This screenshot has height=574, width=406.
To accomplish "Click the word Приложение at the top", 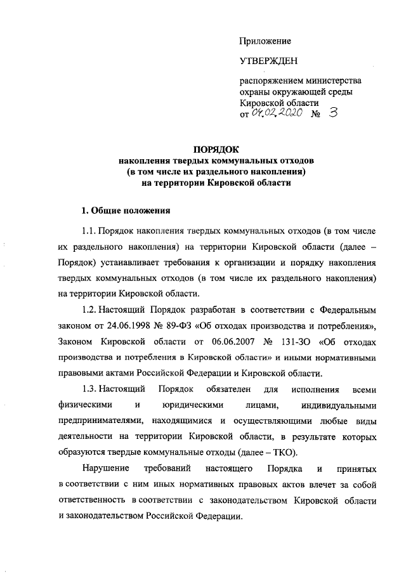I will point(265,41).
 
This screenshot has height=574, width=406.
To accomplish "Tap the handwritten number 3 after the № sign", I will point(334,112).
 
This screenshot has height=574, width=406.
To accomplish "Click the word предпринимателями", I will point(100,421).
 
